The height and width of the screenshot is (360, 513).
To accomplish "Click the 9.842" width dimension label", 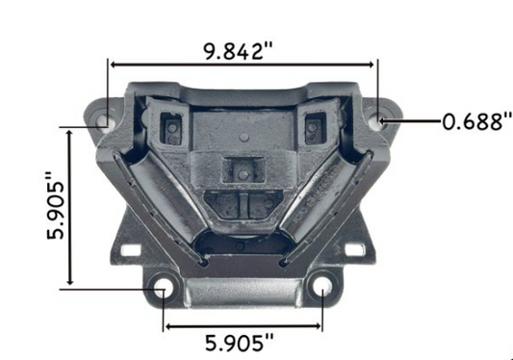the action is [238, 51].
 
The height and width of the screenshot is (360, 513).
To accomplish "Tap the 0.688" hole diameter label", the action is [477, 121].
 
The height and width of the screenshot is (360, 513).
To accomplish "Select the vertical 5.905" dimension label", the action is [56, 205].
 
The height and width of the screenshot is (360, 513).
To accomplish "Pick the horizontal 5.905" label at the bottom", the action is [239, 343].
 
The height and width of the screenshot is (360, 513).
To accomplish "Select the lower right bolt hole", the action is [322, 287].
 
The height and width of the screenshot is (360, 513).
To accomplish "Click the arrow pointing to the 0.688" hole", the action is [410, 121].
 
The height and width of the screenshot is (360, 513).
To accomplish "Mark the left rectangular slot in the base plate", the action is [131, 250].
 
